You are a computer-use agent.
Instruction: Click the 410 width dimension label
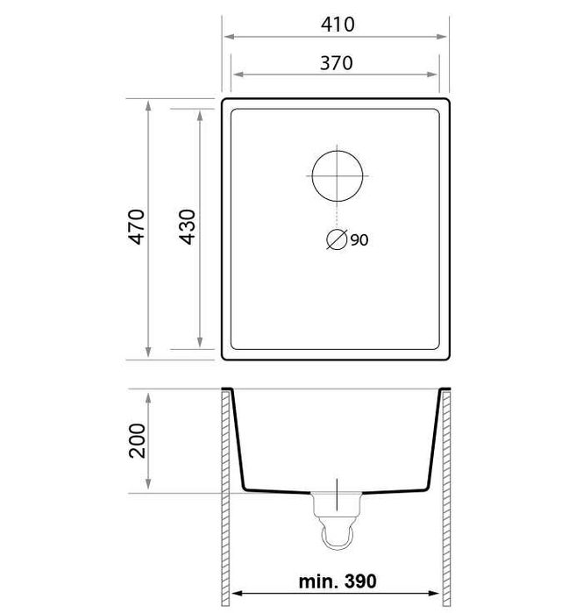[337, 25]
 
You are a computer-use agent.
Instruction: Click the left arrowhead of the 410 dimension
[228, 38]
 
